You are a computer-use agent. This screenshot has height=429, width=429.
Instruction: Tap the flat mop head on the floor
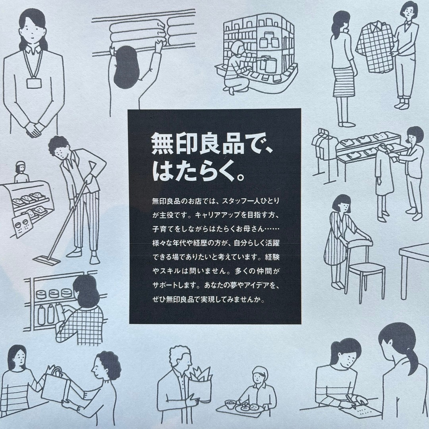click(47, 260)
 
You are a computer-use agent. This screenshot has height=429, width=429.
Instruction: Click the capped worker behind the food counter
click(21, 172)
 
